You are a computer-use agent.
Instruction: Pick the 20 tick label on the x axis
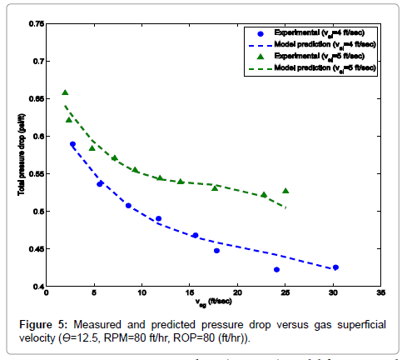pyautogui.click(x=238, y=293)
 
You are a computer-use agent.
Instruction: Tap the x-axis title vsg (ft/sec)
pyautogui.click(x=214, y=302)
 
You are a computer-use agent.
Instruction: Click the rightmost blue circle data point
pyautogui.click(x=335, y=267)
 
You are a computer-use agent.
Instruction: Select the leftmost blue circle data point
pyautogui.click(x=72, y=144)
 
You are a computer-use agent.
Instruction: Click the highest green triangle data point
pyautogui.click(x=65, y=92)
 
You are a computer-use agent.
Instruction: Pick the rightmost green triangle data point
pyautogui.click(x=285, y=191)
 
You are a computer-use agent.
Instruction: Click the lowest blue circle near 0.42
pyautogui.click(x=276, y=269)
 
